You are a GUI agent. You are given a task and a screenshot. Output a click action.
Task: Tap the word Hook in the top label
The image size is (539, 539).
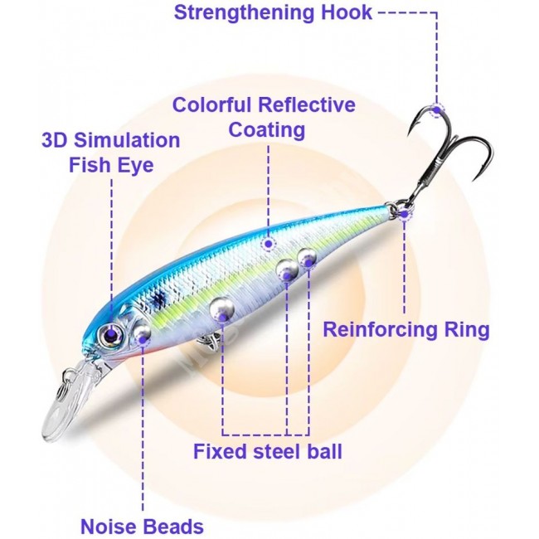(347, 12)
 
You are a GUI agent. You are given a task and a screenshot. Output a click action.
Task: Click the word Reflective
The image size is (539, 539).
(307, 104)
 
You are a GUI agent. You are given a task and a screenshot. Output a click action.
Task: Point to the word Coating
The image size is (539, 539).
(267, 130)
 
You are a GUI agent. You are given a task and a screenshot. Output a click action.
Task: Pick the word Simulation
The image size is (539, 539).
(127, 140)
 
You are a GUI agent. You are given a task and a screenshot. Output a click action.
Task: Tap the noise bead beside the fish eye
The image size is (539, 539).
(142, 333)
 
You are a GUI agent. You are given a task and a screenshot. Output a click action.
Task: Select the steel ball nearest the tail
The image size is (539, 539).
(307, 258)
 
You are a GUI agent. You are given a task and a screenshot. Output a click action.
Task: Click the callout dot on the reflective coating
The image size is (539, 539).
(269, 244)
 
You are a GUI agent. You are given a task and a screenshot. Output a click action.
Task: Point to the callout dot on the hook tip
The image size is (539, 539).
(437, 110)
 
